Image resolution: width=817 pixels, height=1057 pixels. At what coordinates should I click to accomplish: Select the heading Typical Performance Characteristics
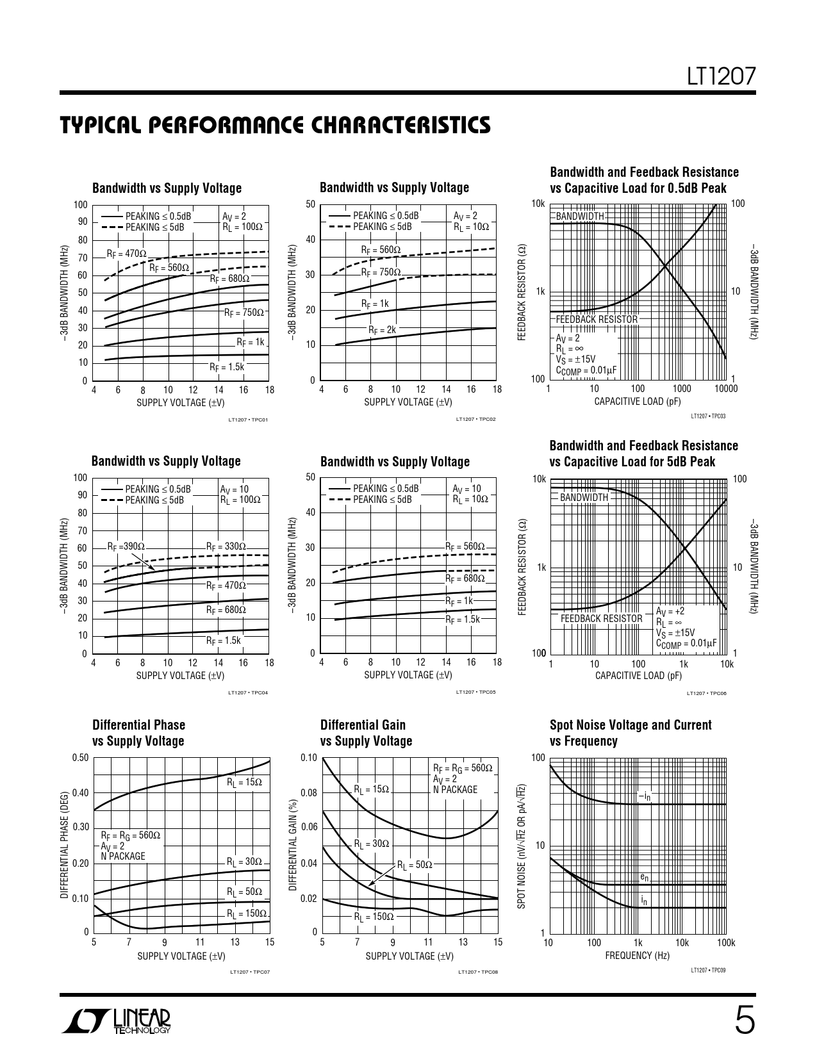[x=276, y=126]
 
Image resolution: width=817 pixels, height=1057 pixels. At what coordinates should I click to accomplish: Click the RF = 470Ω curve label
[x=126, y=254]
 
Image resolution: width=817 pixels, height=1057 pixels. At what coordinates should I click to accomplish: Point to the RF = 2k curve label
[x=382, y=330]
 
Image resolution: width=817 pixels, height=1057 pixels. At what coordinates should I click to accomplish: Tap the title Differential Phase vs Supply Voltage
[x=138, y=733]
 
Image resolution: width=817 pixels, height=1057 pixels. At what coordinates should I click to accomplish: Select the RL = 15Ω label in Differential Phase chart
[x=244, y=782]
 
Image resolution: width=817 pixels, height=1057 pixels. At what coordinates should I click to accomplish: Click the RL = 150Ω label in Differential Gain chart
[x=374, y=917]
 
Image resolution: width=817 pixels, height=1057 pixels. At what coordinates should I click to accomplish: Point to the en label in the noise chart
[x=644, y=876]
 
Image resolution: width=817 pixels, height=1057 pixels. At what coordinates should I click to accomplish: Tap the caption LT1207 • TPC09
[x=708, y=971]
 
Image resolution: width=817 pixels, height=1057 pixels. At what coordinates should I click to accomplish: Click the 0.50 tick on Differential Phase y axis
[x=80, y=758]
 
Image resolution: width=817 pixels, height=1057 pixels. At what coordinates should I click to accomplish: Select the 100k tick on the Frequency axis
[x=725, y=943]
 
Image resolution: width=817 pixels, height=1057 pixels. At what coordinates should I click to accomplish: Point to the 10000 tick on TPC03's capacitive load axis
[x=725, y=389]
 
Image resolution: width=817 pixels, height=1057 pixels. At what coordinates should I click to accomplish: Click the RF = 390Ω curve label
[x=126, y=546]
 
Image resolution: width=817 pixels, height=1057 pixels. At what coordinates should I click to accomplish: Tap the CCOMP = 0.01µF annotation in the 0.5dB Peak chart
[x=586, y=370]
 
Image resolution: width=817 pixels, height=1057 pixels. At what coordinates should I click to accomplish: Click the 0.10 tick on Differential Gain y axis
[x=309, y=758]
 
